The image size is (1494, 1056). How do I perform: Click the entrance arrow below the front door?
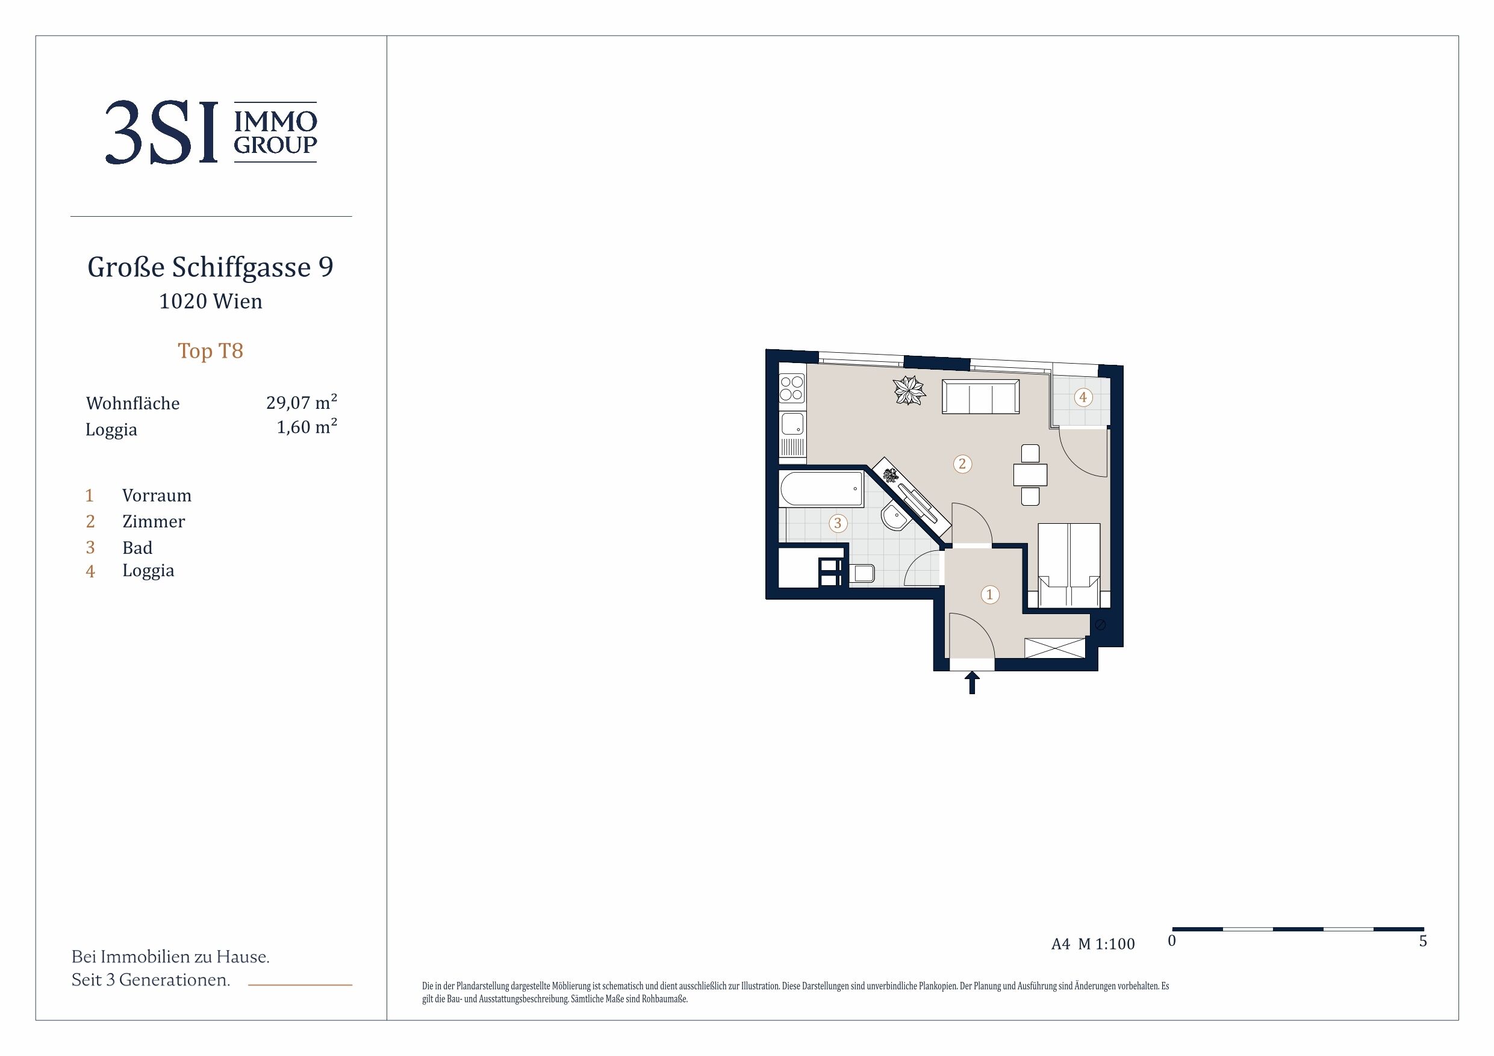point(971,683)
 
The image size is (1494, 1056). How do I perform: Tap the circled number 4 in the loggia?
point(1083,397)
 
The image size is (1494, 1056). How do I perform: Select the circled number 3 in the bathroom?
point(838,523)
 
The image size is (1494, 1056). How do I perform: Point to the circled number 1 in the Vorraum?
point(990,594)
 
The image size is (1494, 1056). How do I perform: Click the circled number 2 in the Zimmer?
point(962,464)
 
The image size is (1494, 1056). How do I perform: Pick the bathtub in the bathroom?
point(822,489)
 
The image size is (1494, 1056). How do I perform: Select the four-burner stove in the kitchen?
point(792,388)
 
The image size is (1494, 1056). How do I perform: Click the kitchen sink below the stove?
point(792,424)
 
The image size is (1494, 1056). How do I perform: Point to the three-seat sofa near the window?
point(980,397)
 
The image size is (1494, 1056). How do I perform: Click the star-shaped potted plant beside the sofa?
point(909,390)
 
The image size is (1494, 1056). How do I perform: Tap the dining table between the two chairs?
point(1030,475)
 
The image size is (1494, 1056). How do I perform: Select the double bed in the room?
point(1068,565)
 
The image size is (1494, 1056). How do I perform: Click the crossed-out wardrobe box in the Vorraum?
point(1055,648)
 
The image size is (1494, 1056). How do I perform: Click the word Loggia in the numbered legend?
point(148,571)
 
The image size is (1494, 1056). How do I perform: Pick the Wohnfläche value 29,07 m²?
point(301,402)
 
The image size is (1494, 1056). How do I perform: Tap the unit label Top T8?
point(210,351)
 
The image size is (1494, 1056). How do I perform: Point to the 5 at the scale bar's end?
point(1422,941)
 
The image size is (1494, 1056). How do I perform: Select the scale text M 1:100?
point(1106,943)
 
